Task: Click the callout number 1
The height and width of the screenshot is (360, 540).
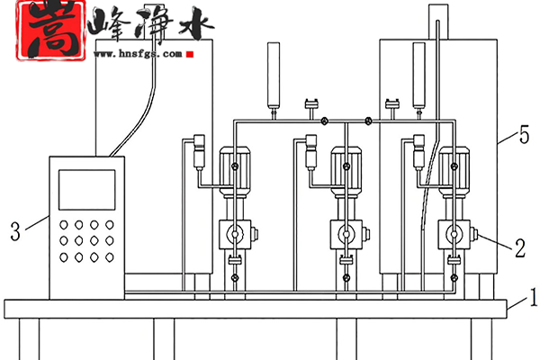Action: (x=533, y=293)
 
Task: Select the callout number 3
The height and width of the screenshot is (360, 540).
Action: (x=13, y=231)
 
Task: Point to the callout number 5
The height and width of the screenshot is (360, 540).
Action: (x=523, y=137)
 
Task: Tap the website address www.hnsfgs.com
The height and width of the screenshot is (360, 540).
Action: (x=138, y=53)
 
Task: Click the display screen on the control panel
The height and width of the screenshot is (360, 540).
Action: (x=86, y=190)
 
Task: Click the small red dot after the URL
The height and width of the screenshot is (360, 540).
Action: (x=193, y=54)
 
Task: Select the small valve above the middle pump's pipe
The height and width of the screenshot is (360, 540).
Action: (x=312, y=104)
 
